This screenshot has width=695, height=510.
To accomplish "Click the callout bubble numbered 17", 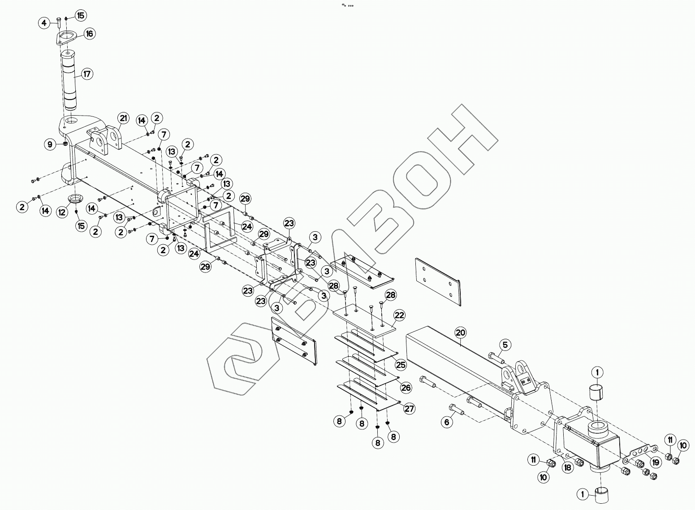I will [86, 74].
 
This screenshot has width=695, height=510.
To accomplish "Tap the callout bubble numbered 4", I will [44, 23].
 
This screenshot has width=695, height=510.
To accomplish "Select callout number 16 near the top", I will [89, 34].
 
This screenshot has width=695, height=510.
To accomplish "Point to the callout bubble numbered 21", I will [123, 119].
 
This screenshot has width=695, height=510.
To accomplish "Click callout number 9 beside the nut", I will [50, 144].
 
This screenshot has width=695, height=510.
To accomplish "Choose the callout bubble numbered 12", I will [62, 212].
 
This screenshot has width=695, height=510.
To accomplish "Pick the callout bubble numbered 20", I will [461, 333].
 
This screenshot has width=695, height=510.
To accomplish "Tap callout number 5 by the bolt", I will [505, 345].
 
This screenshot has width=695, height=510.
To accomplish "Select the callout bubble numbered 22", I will [399, 315].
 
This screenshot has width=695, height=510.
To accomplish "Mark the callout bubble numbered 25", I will [401, 365].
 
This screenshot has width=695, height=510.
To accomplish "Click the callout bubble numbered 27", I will [409, 408].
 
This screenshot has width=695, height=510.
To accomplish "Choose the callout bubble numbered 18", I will [568, 467].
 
